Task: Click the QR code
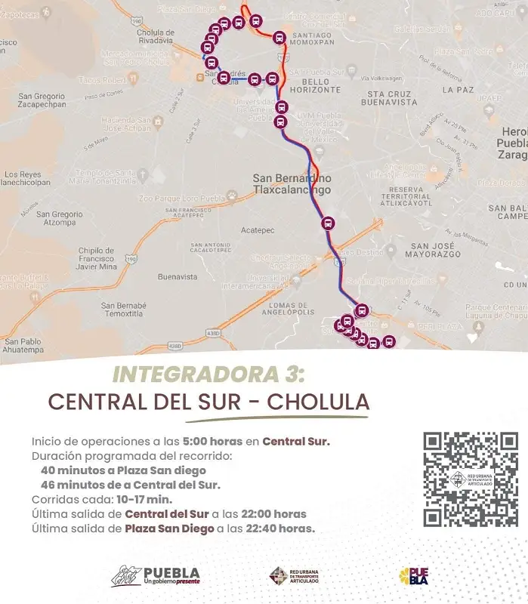coord(470,479)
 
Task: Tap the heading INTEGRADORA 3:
coord(208,374)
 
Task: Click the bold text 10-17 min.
coord(143,499)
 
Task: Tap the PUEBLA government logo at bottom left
coord(156,576)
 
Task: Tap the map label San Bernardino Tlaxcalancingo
coord(291,183)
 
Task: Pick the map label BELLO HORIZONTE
coord(321,85)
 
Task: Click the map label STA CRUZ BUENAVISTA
coord(389,97)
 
